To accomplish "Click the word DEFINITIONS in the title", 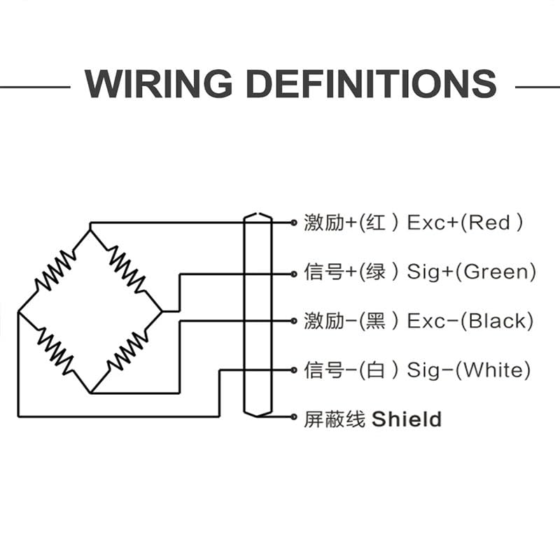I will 372,85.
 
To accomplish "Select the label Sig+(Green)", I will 471,272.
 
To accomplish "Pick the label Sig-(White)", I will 468,370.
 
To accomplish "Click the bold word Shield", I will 406,419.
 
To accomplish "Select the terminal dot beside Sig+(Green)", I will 294,272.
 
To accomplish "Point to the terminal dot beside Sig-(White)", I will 294,370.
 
